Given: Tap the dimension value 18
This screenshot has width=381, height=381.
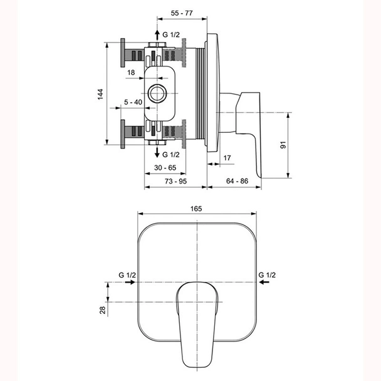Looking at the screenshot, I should click(x=131, y=73).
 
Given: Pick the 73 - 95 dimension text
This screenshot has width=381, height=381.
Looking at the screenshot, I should click(x=175, y=181).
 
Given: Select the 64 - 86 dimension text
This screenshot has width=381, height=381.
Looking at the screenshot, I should click(x=236, y=181).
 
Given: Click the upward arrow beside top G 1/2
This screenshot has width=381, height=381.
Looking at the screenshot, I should click(x=157, y=34).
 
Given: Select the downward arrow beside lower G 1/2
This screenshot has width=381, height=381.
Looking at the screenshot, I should click(x=157, y=152).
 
